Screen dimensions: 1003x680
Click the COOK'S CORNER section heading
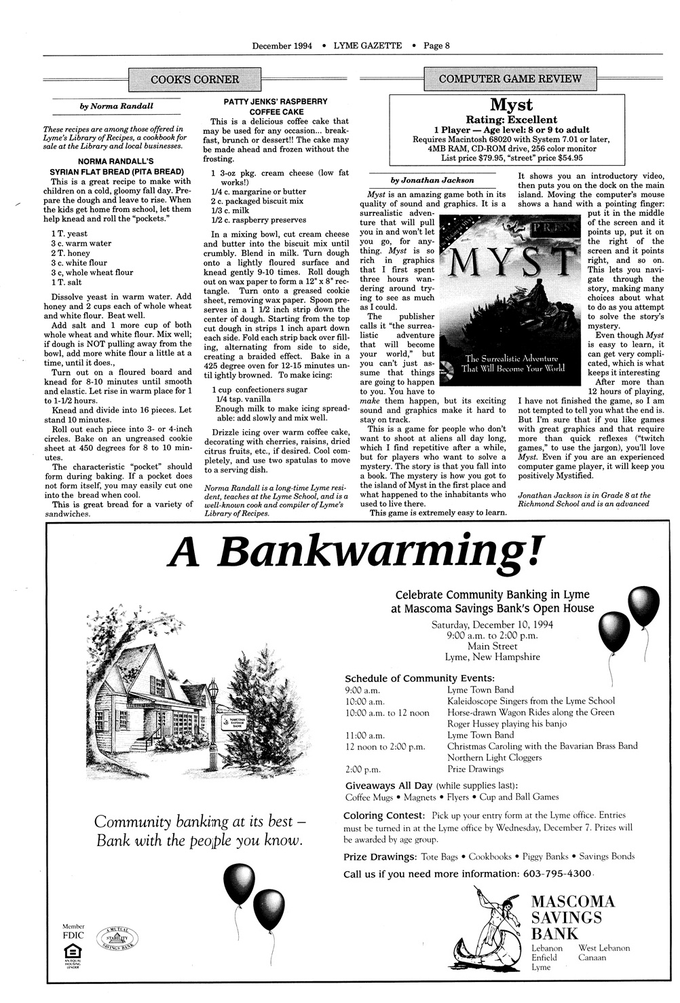(x=195, y=79)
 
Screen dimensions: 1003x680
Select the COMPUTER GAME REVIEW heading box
(x=510, y=78)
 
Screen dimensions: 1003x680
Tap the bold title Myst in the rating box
(x=511, y=105)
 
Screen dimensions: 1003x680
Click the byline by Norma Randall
(x=117, y=106)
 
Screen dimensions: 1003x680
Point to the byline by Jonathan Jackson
(x=432, y=181)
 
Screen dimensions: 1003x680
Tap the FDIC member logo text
(x=73, y=934)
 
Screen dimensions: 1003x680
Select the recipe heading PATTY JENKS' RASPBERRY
(x=276, y=101)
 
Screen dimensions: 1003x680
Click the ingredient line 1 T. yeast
(x=69, y=234)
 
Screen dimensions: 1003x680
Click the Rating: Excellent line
(x=511, y=120)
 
